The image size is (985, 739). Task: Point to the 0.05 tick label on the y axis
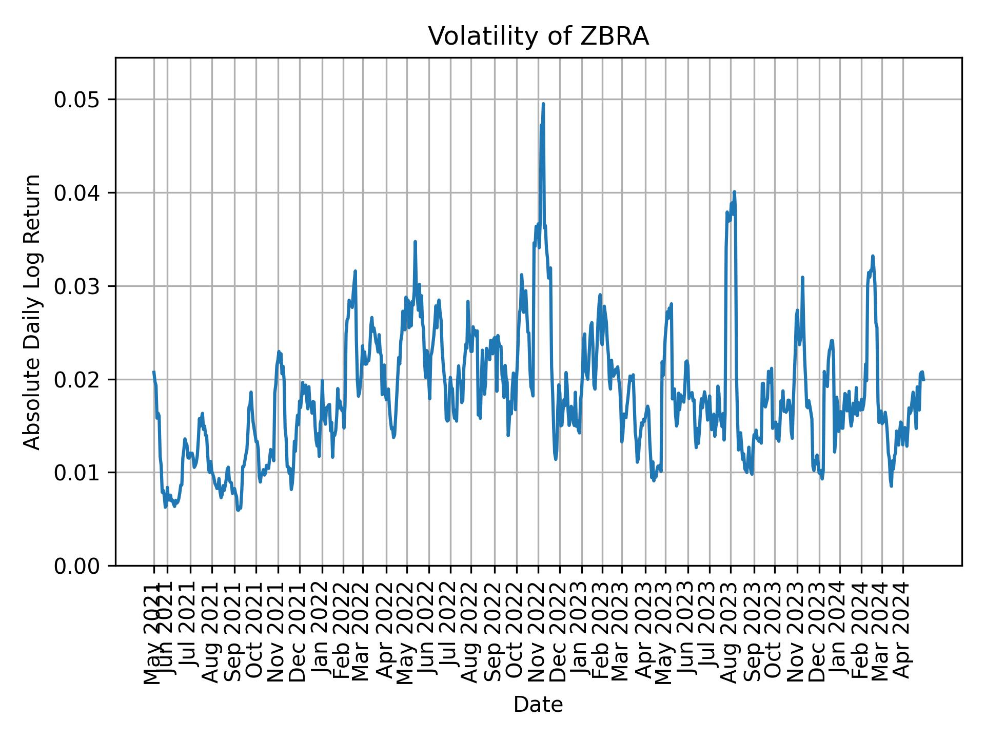[x=76, y=100]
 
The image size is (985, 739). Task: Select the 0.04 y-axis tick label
[x=76, y=193]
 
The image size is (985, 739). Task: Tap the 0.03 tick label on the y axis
[x=76, y=286]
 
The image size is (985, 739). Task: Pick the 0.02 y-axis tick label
[x=76, y=379]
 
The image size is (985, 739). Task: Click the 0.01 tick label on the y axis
[x=76, y=473]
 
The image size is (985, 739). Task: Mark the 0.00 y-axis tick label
[x=76, y=566]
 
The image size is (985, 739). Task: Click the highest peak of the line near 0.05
[x=543, y=104]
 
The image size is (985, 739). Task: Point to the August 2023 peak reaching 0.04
[x=734, y=192]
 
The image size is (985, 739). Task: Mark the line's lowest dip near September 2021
[x=238, y=510]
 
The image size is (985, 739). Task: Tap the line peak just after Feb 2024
[x=872, y=256]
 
